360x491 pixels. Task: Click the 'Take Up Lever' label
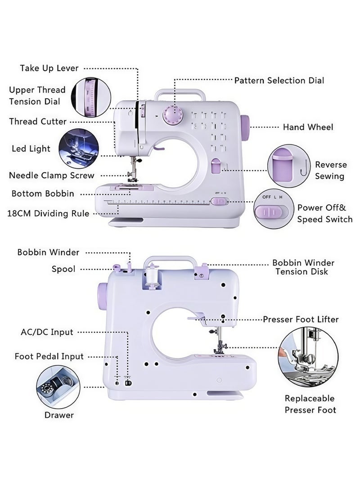pos(49,68)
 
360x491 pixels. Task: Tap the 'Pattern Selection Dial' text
pos(279,81)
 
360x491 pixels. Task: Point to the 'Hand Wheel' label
pos(308,127)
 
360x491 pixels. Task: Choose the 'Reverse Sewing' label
pos(330,171)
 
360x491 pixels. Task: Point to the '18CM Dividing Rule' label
pos(48,214)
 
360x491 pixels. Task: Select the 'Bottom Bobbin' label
pos(43,194)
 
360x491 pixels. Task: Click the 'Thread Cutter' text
pos(38,122)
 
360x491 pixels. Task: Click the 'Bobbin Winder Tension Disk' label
pos(303,267)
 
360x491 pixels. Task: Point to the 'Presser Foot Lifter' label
pos(301,320)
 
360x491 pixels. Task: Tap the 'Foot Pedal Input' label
pos(49,356)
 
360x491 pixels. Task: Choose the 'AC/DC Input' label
pos(47,333)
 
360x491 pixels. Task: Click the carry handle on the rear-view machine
pos(171,261)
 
